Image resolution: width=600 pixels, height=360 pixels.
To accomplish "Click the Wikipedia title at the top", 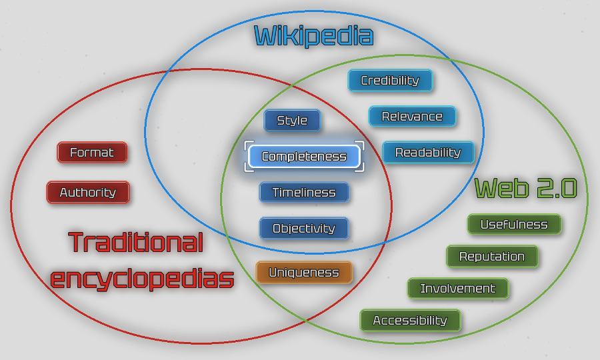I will click(x=313, y=36).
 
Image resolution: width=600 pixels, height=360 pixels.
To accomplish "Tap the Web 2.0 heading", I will click(x=525, y=189).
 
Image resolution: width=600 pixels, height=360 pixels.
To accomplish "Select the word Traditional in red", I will click(x=135, y=243).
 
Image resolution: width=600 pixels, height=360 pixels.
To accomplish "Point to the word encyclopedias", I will click(x=142, y=279).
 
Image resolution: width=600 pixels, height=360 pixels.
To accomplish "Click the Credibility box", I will click(x=390, y=81).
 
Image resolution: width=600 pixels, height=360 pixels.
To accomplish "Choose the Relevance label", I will click(x=412, y=117).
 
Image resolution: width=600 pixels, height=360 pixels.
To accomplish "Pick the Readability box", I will click(x=428, y=153).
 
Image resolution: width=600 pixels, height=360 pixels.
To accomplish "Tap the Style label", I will click(x=292, y=121).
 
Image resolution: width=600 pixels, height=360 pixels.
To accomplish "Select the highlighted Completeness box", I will click(x=304, y=157).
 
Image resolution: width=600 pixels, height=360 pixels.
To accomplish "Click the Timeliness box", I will click(x=304, y=193).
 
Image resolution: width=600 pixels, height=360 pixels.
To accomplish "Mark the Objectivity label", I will click(x=304, y=229).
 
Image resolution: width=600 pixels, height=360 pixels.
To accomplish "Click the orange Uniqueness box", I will click(x=304, y=273).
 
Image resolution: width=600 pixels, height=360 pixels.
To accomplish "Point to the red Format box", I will click(x=92, y=153).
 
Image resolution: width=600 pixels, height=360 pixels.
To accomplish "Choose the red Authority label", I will click(x=88, y=193).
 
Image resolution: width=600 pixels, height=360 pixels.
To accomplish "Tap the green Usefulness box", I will click(x=514, y=225).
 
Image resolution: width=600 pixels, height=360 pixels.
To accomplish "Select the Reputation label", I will click(x=492, y=257).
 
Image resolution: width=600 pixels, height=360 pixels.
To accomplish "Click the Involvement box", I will click(x=458, y=289).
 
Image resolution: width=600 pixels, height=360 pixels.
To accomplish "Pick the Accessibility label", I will click(x=410, y=321).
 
